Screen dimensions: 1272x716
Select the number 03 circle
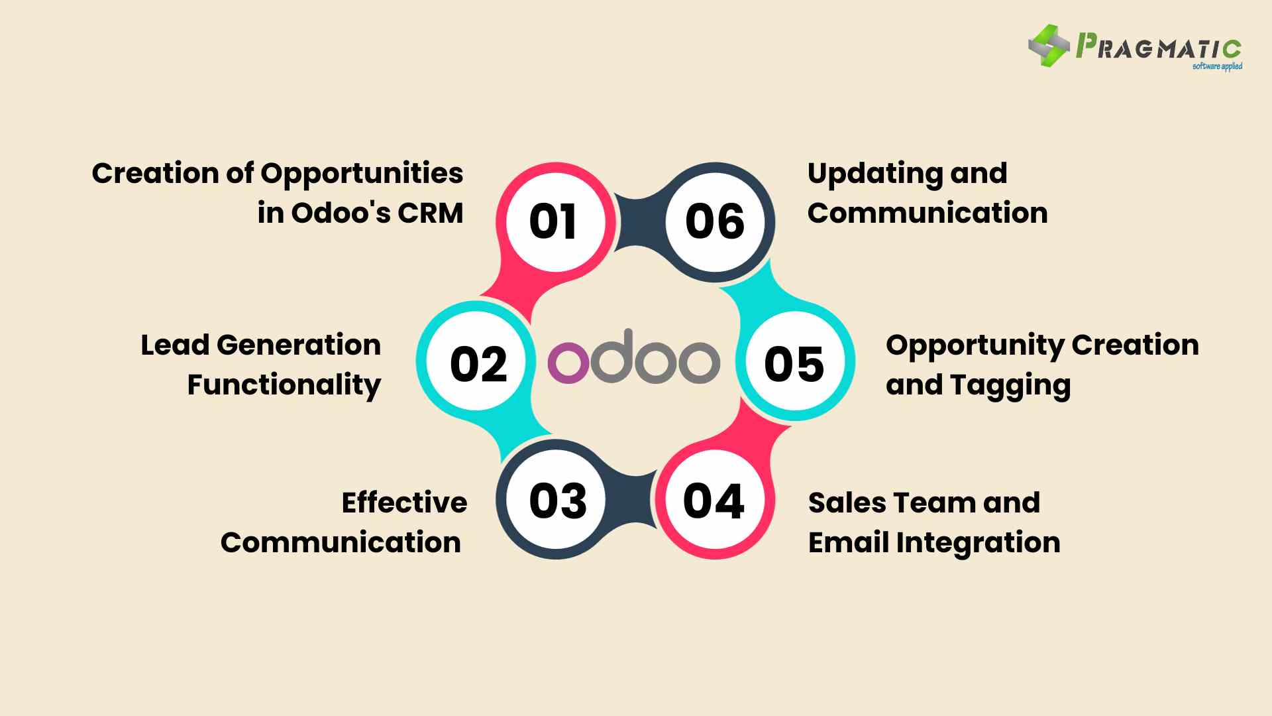point(556,500)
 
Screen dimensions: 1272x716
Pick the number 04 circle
point(715,500)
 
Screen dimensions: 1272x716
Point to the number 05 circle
point(795,361)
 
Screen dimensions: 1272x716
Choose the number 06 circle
point(715,221)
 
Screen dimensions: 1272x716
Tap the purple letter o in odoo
point(568,363)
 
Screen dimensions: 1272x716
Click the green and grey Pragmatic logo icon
point(1049,46)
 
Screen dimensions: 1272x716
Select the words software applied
point(1217,66)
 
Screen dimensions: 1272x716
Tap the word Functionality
point(284,386)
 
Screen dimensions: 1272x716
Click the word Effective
point(404,503)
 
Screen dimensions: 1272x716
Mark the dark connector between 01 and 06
point(635,221)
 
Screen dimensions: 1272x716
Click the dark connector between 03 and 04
point(635,500)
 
